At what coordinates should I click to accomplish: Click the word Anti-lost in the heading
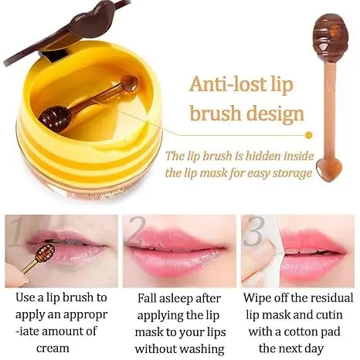coord(223,83)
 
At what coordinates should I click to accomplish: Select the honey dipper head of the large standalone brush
coord(328,31)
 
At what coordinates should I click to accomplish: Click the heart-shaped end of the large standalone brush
coord(329,167)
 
